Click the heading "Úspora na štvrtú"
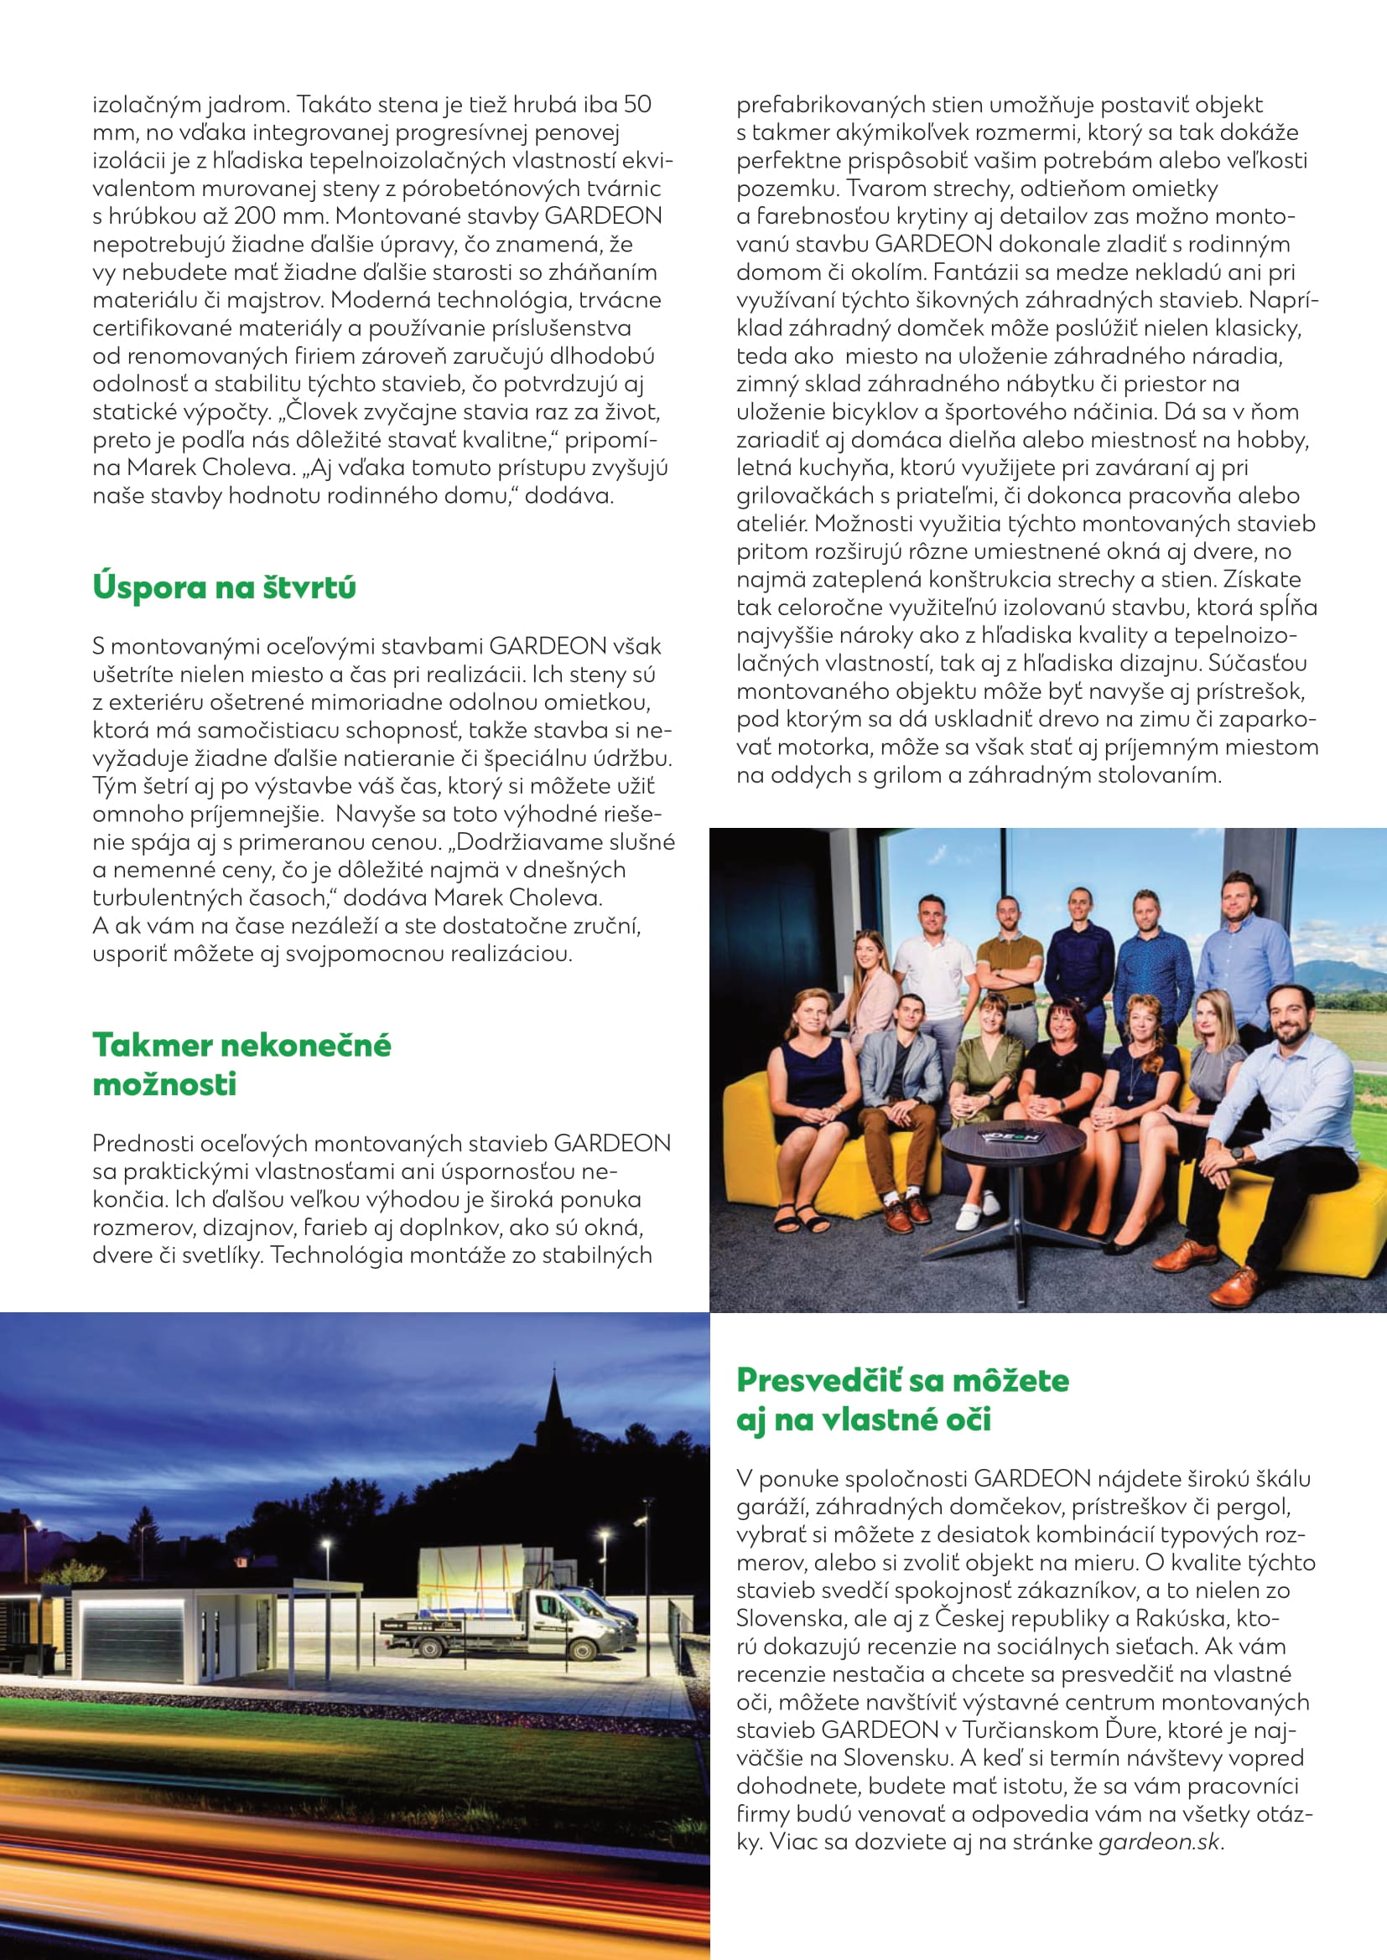coord(224,587)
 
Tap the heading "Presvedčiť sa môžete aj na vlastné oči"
coord(903,1400)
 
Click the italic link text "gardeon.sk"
coord(1159,1841)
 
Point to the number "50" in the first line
coord(637,104)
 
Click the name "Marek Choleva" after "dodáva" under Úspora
coord(518,898)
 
